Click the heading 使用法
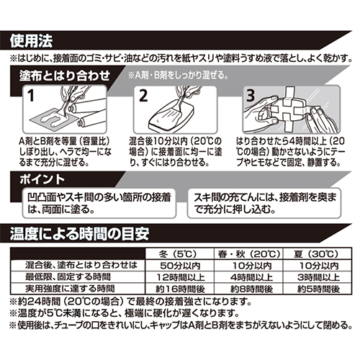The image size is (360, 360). point(31,41)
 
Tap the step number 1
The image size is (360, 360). point(31,96)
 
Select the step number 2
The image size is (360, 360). point(143,96)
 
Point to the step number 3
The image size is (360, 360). point(251,95)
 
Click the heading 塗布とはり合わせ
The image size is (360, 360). point(65,76)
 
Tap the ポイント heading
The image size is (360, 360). point(42,179)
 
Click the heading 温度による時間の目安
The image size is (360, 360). point(79,234)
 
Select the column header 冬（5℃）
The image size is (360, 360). point(179,254)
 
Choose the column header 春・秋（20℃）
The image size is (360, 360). point(249,254)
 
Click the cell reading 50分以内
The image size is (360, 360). point(180,266)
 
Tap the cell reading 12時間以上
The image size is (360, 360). point(181,277)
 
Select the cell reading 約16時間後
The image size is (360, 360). point(180,289)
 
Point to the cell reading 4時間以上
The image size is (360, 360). point(251,277)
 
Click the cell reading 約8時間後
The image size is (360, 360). point(251,289)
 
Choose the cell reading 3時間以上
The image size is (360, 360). point(318,277)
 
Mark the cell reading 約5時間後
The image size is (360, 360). point(318,289)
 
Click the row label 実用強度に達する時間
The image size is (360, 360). point(70,289)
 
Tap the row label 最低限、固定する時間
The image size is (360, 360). point(68,277)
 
